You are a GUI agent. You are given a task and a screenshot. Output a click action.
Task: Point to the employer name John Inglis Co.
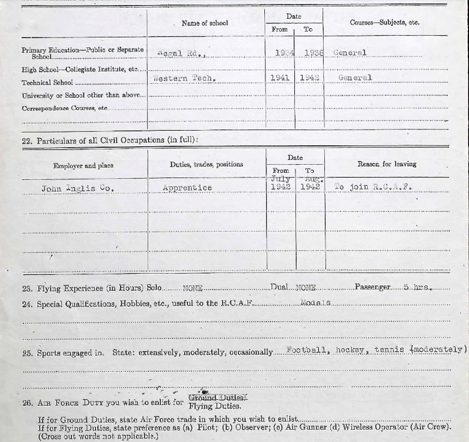78,188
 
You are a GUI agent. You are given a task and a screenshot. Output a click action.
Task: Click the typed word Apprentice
187,188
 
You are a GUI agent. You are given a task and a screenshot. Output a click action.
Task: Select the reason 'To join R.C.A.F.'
373,187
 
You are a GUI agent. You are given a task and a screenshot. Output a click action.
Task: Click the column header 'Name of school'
205,23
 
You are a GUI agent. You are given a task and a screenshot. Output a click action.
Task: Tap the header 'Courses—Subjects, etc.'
384,23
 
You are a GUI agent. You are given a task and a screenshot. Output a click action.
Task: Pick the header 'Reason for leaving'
387,164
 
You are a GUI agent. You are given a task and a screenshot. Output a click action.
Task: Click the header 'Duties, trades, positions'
206,165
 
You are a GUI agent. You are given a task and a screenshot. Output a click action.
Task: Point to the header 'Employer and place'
83,166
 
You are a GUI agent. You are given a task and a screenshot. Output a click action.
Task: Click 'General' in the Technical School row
355,78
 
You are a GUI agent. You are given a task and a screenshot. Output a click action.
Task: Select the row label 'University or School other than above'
84,95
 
